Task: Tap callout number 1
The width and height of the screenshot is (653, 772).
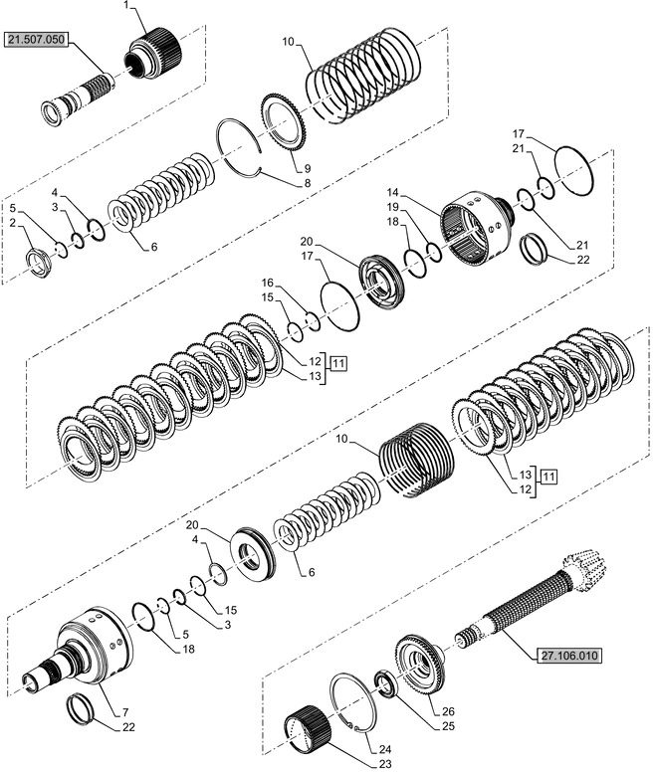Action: click(x=126, y=6)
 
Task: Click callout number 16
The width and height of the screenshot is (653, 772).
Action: click(x=267, y=283)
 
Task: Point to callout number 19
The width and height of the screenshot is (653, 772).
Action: click(x=392, y=208)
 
